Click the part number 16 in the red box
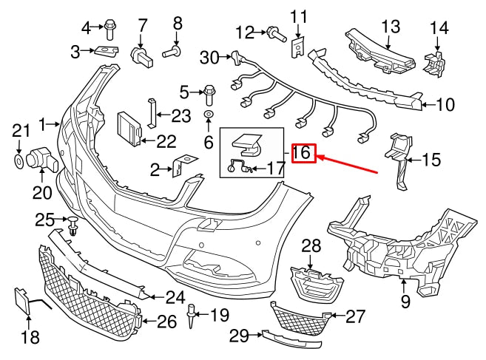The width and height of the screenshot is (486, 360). [304, 154]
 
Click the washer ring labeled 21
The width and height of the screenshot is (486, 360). [18, 159]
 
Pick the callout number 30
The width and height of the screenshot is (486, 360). [210, 56]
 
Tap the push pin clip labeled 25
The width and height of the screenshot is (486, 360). [73, 225]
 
